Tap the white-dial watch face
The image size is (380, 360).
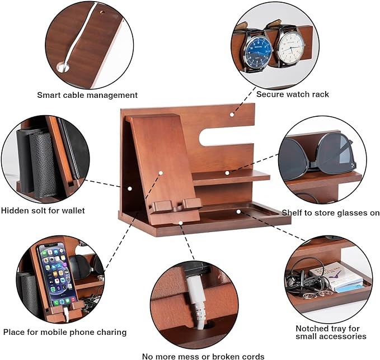coord(290,47)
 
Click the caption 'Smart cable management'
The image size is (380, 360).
coord(87,95)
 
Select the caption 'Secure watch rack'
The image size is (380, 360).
coord(293,94)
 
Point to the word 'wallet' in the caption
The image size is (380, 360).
coord(73,210)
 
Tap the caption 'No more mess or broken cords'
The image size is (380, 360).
coord(203,357)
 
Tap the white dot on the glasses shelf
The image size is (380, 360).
coord(227,173)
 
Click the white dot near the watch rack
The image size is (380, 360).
coord(232,115)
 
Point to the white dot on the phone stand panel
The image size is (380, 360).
coord(161,173)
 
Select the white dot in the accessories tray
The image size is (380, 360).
coord(238,212)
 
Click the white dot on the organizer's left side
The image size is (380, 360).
coord(130,188)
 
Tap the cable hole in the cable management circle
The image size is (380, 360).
coord(63,67)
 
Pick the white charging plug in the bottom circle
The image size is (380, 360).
coord(196,302)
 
